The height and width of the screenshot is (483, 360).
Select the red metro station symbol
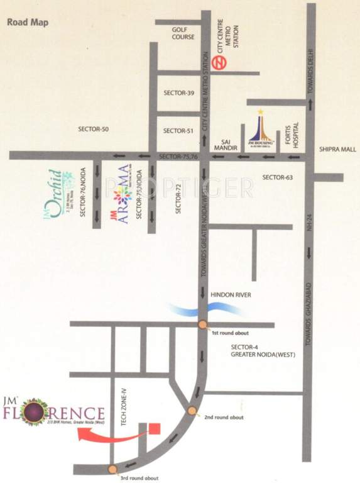[219, 63]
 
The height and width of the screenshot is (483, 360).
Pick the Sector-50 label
[94, 129]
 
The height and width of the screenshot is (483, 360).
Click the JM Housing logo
[260, 129]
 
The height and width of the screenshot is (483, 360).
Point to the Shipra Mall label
[338, 150]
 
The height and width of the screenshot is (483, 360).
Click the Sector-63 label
[278, 177]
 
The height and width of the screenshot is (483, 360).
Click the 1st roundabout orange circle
[202, 325]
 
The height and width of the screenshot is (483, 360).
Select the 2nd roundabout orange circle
[192, 411]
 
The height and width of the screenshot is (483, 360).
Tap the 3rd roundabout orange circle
[112, 469]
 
